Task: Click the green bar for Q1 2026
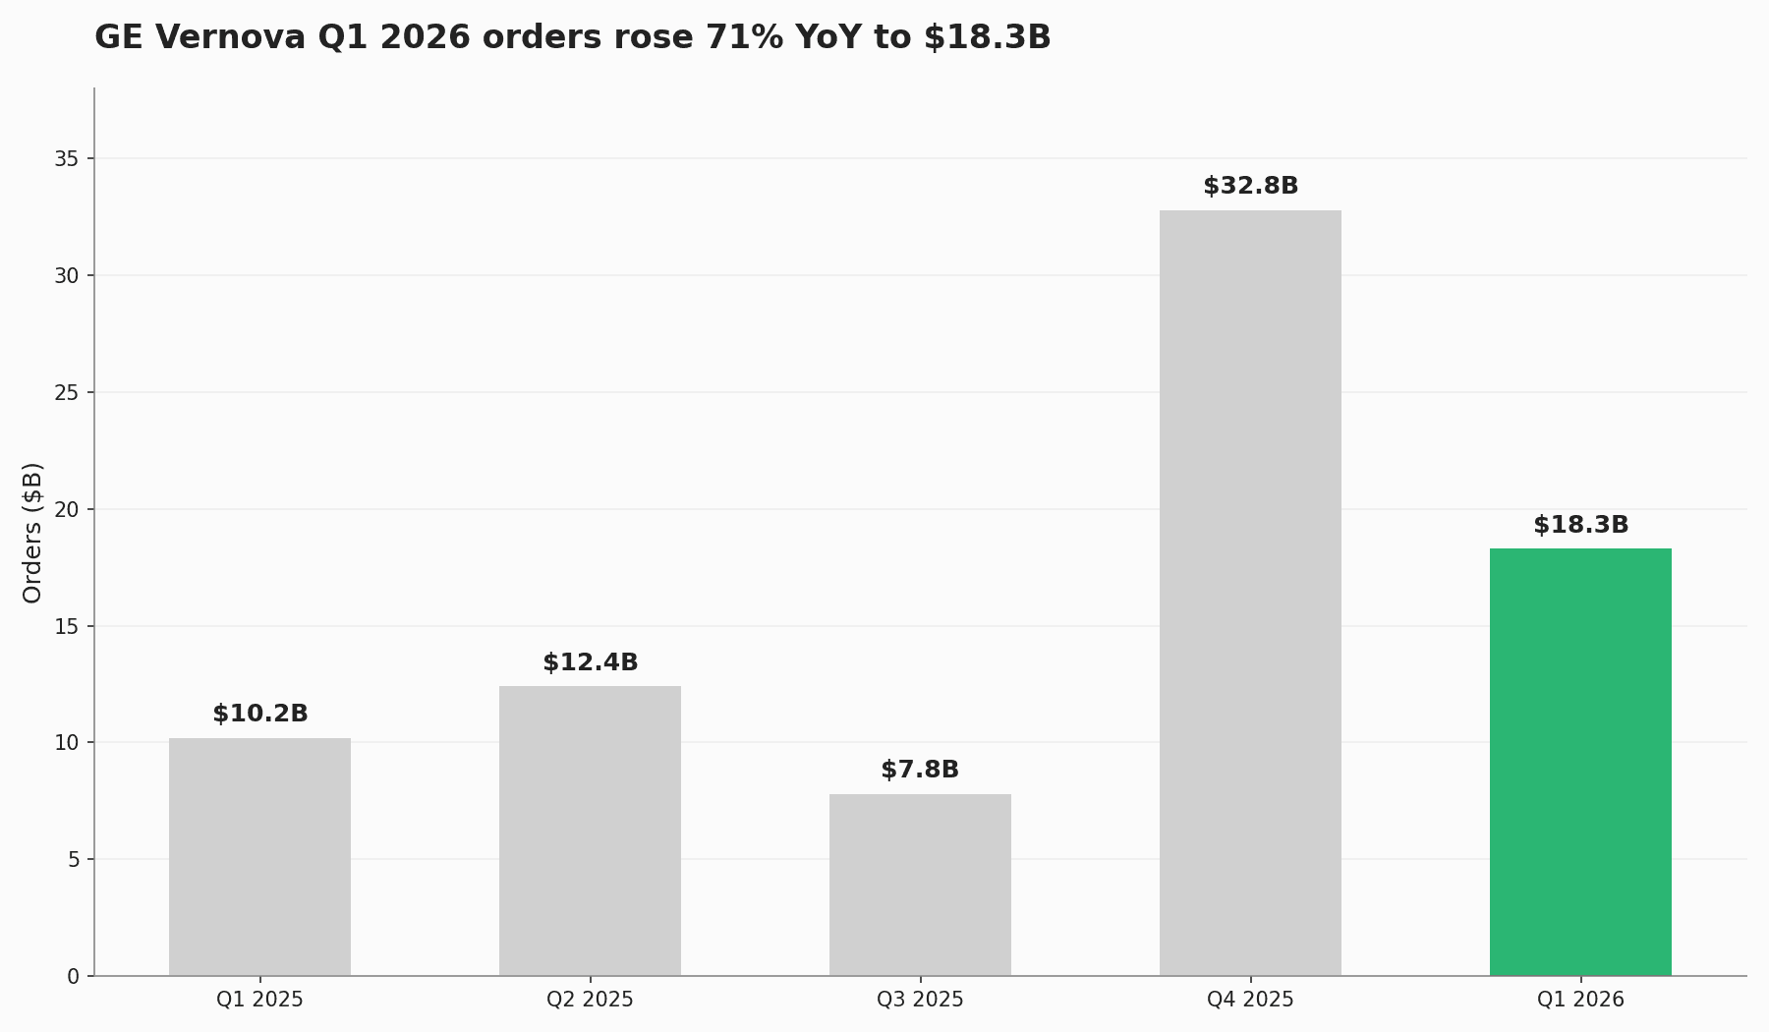(1580, 762)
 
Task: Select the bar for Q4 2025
(1250, 593)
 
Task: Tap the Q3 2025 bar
(920, 885)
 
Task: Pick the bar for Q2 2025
(590, 831)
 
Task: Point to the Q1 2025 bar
(259, 856)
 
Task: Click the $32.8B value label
(1250, 186)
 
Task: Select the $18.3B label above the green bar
(1580, 525)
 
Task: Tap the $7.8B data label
(920, 770)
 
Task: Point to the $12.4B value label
(590, 662)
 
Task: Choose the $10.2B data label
(259, 714)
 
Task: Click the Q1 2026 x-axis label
(1580, 1000)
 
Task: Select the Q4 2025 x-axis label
(1250, 1000)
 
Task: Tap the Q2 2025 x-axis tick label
(590, 1000)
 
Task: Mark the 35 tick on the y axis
(67, 158)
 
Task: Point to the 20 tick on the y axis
(67, 509)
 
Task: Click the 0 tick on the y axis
(73, 976)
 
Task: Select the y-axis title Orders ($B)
(32, 532)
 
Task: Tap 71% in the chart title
(745, 37)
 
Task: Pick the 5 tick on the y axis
(73, 859)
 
